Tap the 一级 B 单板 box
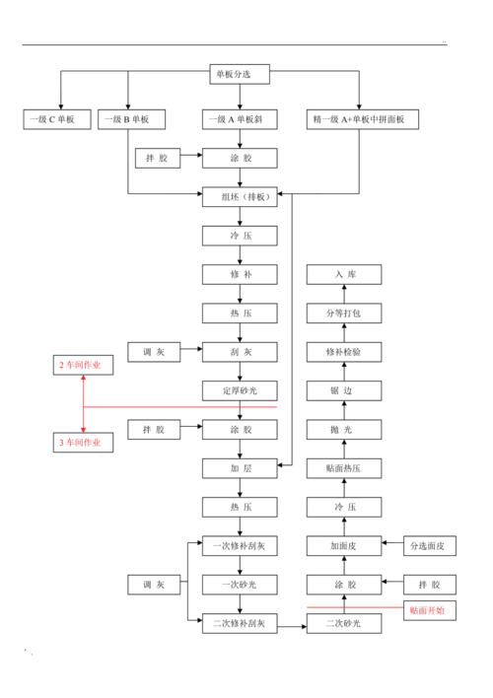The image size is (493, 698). tap(131, 119)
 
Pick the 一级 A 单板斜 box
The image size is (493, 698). tap(240, 119)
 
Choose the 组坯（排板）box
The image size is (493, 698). tap(240, 196)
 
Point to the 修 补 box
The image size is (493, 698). tap(240, 273)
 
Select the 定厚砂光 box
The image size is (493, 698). tap(240, 389)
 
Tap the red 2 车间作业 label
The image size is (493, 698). tap(84, 366)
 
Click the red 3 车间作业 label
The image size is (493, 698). tap(84, 443)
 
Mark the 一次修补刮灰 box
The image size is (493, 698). tap(240, 545)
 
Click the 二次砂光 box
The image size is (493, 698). tap(343, 623)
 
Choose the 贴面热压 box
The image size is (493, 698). tap(343, 467)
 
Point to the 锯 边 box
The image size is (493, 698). tap(343, 390)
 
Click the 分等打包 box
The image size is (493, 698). tap(343, 313)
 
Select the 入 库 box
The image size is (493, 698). tap(343, 274)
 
